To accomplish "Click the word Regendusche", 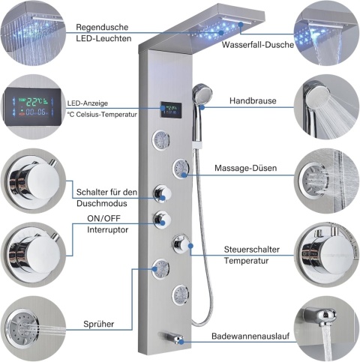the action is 102,27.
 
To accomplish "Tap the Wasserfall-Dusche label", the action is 258,45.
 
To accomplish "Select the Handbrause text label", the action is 253,101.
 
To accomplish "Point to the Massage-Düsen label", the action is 246,168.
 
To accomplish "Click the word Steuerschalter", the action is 252,250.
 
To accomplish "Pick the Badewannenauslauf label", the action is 250,336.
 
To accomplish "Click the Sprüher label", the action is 99,325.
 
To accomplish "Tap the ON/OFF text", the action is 103,219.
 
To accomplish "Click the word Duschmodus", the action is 102,203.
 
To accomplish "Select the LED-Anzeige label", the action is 88,103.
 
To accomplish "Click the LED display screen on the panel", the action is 171,110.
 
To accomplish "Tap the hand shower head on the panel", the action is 202,93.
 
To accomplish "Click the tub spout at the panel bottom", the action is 171,337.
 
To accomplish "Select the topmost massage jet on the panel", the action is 160,140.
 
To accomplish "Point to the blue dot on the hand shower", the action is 202,108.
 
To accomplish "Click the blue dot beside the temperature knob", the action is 191,246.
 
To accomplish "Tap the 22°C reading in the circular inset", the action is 35,101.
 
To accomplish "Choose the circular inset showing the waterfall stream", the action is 327,34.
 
